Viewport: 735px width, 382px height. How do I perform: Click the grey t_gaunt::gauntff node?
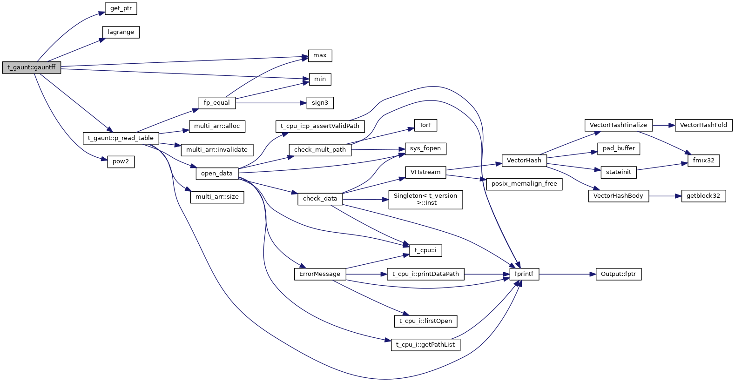[x=31, y=67]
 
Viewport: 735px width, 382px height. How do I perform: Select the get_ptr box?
[x=121, y=8]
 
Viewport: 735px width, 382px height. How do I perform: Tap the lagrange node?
[x=121, y=32]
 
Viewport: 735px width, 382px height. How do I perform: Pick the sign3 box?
[x=320, y=103]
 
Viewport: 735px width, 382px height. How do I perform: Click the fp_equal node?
[x=217, y=103]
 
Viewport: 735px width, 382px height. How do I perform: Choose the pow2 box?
[x=121, y=161]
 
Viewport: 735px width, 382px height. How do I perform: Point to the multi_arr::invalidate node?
[x=217, y=150]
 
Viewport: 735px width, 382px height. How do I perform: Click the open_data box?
[x=217, y=174]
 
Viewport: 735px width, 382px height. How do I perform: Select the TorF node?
[x=425, y=125]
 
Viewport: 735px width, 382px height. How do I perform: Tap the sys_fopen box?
[x=425, y=148]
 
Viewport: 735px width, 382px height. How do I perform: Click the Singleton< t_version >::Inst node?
[x=425, y=199]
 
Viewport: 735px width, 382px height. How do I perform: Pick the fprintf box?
[x=524, y=274]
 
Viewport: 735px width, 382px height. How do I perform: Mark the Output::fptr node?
[x=618, y=274]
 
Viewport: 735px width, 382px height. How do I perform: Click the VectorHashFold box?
[x=703, y=125]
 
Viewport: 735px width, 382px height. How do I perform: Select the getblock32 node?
[x=703, y=196]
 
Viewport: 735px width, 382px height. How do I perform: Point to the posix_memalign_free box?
[x=524, y=184]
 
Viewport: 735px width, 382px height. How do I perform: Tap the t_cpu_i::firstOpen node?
[x=425, y=321]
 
